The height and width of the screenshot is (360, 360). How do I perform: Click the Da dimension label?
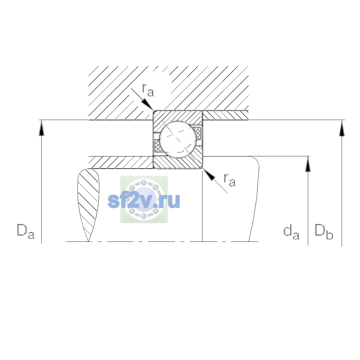tap(26, 232)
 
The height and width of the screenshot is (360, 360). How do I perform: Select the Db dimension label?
tap(324, 232)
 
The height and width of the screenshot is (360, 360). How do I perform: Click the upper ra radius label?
tap(148, 90)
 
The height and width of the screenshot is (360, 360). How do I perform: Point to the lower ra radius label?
tap(229, 180)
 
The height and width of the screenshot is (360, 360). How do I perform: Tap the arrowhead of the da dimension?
tap(308, 164)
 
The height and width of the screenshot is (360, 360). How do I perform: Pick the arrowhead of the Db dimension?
tap(342, 128)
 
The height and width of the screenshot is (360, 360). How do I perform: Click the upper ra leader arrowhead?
tap(147, 105)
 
